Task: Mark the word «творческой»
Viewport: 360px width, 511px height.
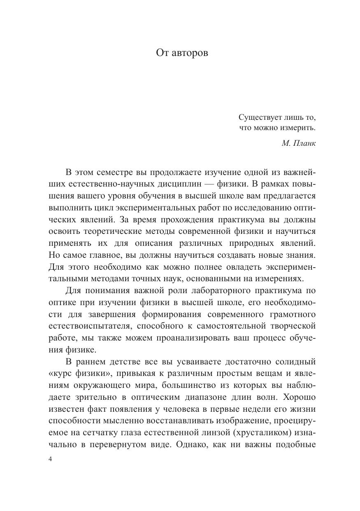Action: click(295, 327)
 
